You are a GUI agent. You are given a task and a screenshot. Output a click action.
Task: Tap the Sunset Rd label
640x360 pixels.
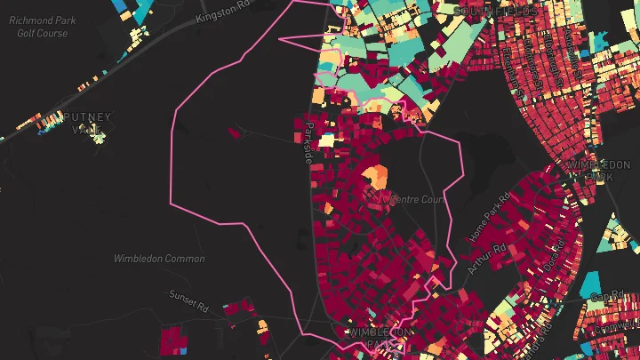pyautogui.click(x=188, y=300)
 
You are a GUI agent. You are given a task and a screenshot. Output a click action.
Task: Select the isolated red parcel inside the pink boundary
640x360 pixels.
pyautogui.click(x=235, y=133)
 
